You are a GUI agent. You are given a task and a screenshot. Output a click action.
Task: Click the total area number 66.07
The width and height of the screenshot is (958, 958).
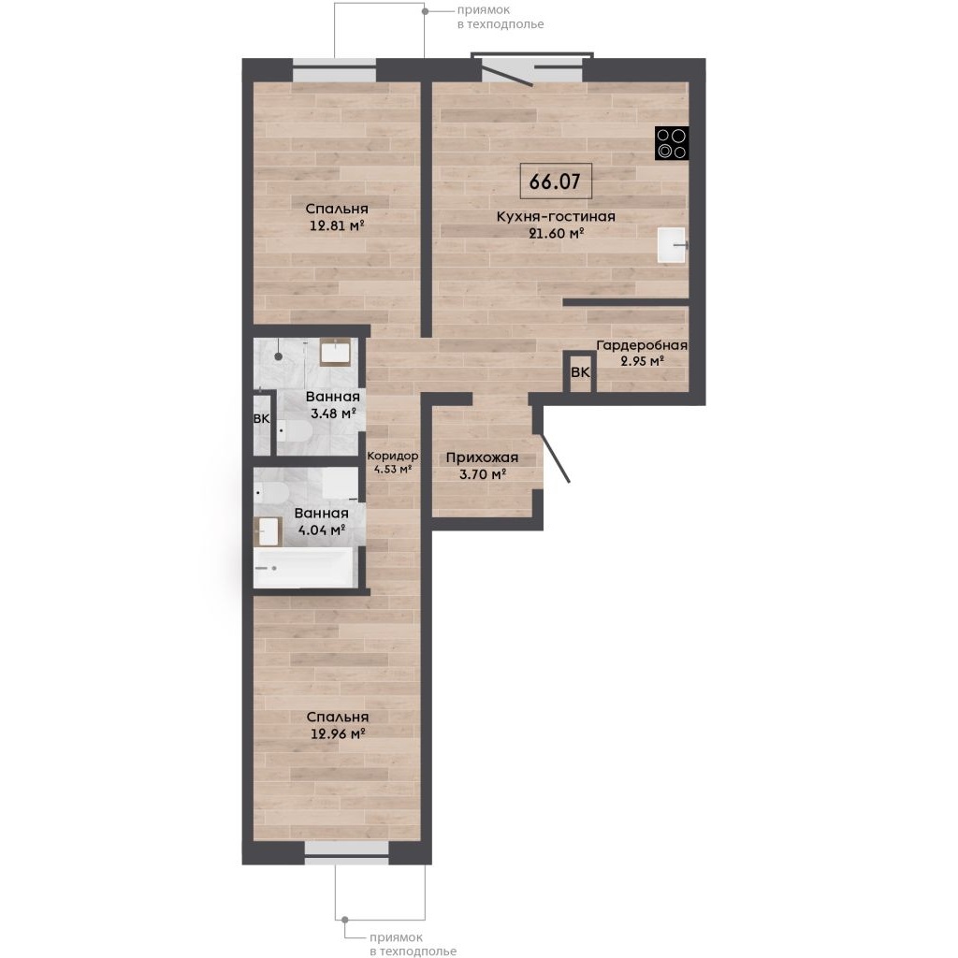coord(555,181)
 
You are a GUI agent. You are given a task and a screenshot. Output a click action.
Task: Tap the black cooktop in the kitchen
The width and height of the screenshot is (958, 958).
coord(672,143)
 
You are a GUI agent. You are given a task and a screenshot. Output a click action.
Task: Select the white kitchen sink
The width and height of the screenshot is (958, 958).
coord(672,245)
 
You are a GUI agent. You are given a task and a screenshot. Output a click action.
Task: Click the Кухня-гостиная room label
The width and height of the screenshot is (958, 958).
coord(556,216)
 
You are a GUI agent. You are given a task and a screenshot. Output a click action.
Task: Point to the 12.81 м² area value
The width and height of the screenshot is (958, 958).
coord(337,225)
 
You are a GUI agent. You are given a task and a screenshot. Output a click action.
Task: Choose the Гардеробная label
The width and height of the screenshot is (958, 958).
coord(642,346)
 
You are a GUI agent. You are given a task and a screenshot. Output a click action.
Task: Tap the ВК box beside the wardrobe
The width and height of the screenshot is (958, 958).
coord(580,372)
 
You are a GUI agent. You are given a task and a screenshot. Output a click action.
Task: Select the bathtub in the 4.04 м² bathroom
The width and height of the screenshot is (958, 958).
coord(304,568)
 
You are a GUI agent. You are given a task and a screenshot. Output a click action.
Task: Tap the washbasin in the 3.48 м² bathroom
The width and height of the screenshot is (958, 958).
coord(335,352)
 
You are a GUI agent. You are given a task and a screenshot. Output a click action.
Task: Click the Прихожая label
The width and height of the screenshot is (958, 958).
coord(482,457)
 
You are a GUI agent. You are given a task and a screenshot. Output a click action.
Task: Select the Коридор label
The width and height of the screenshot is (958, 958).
coord(392,456)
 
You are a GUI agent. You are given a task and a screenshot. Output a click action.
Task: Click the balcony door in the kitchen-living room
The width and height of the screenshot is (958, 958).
coord(507,73)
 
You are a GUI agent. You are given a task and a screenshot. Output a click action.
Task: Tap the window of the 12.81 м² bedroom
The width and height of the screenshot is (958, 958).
coord(334,70)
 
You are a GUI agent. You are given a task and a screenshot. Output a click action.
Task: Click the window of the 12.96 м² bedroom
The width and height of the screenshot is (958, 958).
coord(346,852)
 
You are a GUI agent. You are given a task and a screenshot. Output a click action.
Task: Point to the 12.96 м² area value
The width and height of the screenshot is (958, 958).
coord(338,733)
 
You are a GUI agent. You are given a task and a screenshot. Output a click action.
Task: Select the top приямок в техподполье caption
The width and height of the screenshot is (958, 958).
coord(501,17)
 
